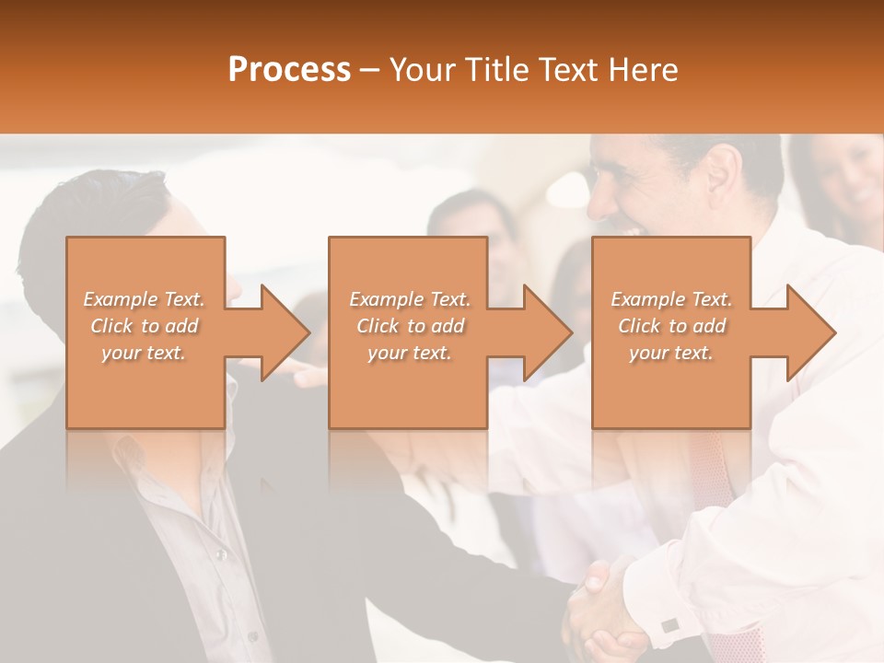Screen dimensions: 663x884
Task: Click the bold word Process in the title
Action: point(289,69)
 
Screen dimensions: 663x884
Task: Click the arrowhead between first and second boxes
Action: point(281,332)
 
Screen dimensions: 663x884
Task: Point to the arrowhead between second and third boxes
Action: point(543,332)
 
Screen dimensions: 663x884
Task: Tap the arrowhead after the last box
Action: point(807,332)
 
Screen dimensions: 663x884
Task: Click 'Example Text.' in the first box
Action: point(145,299)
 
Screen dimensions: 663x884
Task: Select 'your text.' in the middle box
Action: point(409,353)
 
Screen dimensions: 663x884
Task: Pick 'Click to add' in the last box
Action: point(671,326)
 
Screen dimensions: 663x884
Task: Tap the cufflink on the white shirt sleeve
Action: point(669,625)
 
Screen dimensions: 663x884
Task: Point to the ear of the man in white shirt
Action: point(724,171)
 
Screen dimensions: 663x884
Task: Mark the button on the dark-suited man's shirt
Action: point(219,554)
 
